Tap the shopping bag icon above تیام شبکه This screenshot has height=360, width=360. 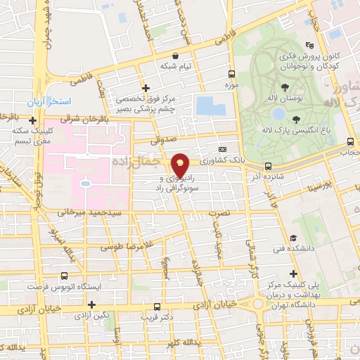[x=174, y=55]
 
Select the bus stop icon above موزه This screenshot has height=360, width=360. [x=231, y=74]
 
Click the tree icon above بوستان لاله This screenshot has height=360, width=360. [x=285, y=88]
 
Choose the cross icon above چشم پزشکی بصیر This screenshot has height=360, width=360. [x=146, y=89]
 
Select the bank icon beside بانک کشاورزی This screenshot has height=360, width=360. [x=223, y=149]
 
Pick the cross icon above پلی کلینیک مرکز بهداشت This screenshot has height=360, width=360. [x=293, y=274]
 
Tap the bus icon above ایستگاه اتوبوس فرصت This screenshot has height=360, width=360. [x=64, y=276]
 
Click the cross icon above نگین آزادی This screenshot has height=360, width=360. [x=91, y=304]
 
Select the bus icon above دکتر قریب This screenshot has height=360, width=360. [x=157, y=306]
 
